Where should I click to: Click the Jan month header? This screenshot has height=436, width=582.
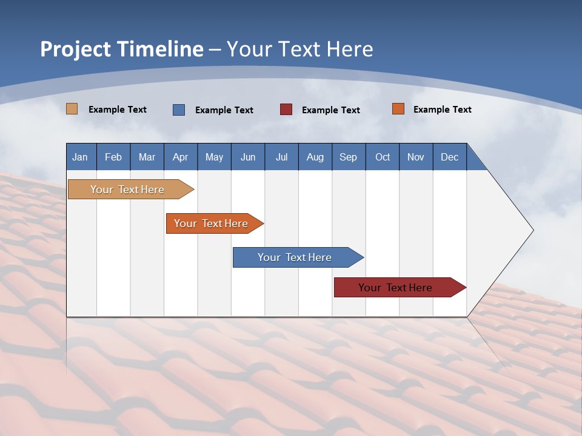click(x=80, y=157)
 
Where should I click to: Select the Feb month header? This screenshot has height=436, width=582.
click(x=113, y=157)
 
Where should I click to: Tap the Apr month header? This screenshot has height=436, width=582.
click(x=180, y=157)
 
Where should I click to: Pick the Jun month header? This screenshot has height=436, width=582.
click(x=248, y=157)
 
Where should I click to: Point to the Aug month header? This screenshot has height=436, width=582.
click(x=315, y=157)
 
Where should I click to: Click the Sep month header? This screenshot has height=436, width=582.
click(x=348, y=157)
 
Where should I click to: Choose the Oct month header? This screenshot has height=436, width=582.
click(x=383, y=157)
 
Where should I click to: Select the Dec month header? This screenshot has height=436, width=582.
click(x=449, y=157)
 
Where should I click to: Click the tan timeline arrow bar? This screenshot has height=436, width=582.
click(x=127, y=190)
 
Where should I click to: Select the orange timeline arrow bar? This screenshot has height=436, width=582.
click(x=211, y=223)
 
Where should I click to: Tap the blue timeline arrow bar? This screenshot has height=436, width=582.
click(x=295, y=257)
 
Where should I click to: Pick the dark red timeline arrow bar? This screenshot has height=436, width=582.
click(x=395, y=288)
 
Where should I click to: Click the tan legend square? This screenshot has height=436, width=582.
click(x=72, y=109)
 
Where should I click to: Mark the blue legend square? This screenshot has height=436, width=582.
click(x=179, y=110)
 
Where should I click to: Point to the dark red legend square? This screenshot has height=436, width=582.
click(x=286, y=110)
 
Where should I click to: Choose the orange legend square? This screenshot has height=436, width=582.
click(x=398, y=109)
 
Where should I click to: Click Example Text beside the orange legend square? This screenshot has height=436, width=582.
click(x=442, y=110)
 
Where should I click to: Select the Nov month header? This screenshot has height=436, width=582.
click(x=415, y=157)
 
